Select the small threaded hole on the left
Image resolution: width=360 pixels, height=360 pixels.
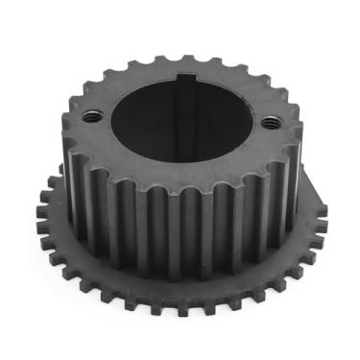point(92,116)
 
